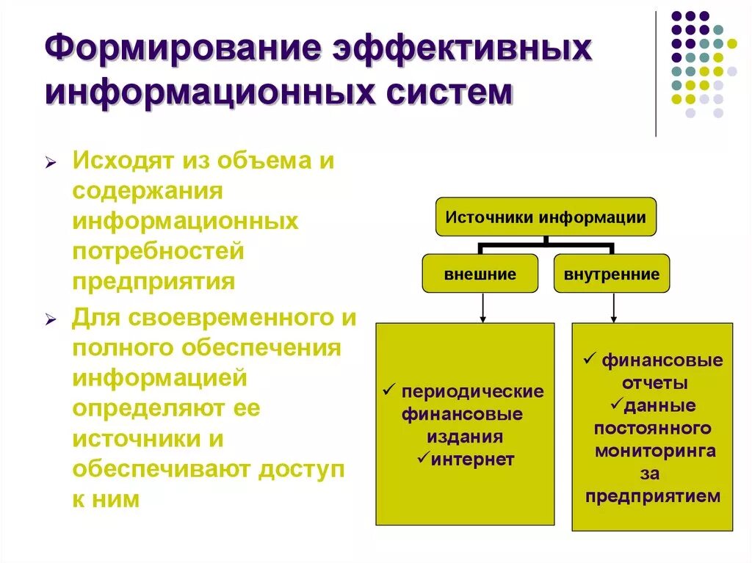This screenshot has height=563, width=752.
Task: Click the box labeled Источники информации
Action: [546, 217]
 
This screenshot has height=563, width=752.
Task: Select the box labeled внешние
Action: [480, 274]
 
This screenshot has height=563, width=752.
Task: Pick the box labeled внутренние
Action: [612, 274]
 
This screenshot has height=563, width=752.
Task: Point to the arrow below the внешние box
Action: [482, 308]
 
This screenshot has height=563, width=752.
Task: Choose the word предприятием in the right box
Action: [653, 496]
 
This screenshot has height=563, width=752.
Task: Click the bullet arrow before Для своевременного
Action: [51, 319]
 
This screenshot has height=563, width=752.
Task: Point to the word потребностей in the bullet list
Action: [158, 252]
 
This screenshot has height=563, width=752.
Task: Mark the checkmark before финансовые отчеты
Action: [589, 360]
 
